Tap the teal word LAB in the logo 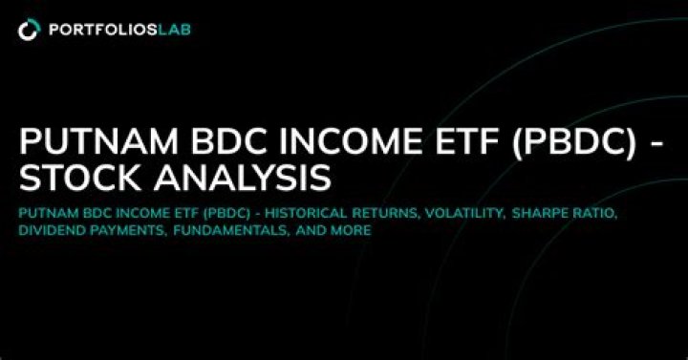(172, 30)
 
